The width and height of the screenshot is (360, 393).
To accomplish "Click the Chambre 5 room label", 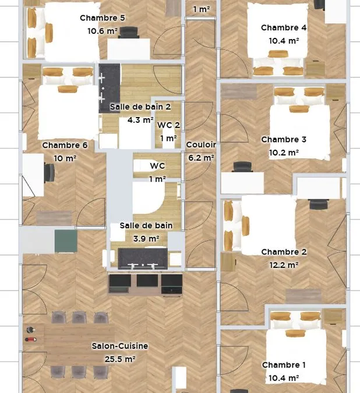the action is point(103,18).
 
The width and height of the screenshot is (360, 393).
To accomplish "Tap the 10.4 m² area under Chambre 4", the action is point(284,41).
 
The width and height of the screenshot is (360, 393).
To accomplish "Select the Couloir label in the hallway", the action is point(201,144).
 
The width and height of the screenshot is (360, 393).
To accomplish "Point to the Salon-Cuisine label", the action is point(120,346).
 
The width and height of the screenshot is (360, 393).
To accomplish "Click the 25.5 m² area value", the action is point(120,359).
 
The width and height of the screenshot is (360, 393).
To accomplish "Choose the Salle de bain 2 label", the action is point(140,107).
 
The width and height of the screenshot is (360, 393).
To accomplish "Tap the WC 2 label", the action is point(168,125).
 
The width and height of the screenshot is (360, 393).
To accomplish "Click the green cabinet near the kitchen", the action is point(66,241).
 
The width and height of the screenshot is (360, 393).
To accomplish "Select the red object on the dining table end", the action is point(31,339).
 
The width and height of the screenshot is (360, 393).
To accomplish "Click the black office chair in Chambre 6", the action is point(50,173).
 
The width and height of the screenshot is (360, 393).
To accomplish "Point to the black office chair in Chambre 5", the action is point(129,33).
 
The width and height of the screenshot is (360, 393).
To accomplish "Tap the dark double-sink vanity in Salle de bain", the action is point(143,259).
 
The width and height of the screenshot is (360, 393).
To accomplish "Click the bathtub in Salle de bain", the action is point(149,198).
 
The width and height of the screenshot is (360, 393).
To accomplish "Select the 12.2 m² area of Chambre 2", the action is point(284,265).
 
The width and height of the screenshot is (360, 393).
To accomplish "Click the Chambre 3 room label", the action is point(284,140).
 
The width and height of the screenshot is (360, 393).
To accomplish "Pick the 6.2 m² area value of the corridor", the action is point(201,158).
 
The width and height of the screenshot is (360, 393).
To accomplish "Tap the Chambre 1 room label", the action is point(284,365).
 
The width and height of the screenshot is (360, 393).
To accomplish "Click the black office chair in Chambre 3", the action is point(242,167).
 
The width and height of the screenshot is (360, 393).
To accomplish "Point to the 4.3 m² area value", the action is point(140,120).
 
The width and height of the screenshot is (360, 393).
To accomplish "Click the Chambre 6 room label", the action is point(65,145).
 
